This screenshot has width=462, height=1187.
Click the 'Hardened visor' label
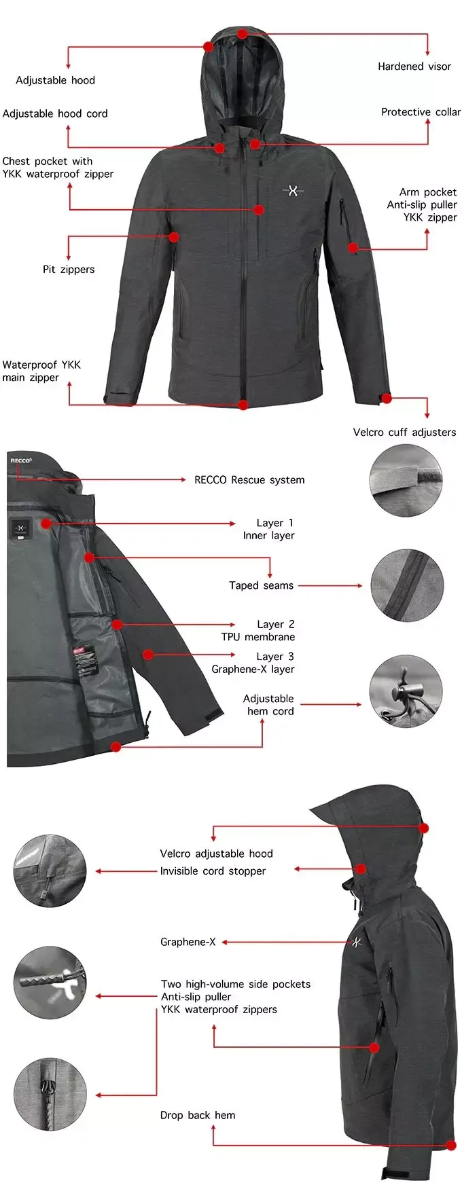click(x=414, y=67)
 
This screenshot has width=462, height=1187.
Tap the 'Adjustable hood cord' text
click(x=55, y=113)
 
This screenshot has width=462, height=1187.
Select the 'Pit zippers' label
click(x=69, y=270)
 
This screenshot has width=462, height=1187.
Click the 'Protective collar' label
click(x=421, y=112)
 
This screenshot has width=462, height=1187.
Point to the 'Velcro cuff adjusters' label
click(x=404, y=433)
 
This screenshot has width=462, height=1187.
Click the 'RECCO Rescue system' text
click(x=249, y=480)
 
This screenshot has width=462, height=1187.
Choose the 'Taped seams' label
click(x=261, y=585)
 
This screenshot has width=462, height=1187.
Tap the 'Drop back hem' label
click(x=198, y=1115)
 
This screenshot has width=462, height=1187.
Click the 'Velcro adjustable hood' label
click(x=216, y=854)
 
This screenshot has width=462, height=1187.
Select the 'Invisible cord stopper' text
click(x=213, y=871)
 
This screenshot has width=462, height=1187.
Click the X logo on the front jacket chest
click(x=293, y=191)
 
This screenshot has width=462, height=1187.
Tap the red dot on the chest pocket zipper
click(x=259, y=210)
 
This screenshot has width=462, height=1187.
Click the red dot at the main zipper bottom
click(x=243, y=405)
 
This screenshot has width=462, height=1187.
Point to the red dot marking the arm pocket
click(x=353, y=248)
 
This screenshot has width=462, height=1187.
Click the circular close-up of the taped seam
click(x=407, y=585)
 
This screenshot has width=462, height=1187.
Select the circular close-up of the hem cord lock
click(x=406, y=692)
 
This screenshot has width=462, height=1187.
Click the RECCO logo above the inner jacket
click(x=20, y=460)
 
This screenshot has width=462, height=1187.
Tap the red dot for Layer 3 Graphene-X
click(x=148, y=655)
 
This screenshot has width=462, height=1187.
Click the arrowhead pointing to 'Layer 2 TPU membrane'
click(x=233, y=624)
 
